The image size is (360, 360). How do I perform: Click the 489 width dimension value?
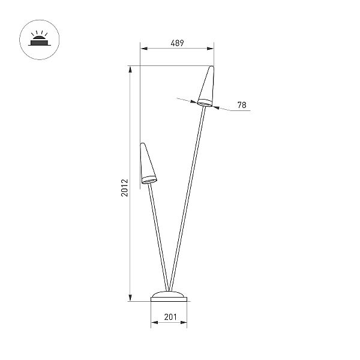tap(177, 43)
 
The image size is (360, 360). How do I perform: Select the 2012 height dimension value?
tap(125, 188)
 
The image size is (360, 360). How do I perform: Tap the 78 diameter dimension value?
tap(242, 105)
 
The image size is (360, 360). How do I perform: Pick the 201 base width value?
tap(170, 317)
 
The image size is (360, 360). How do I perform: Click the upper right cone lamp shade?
tap(206, 86)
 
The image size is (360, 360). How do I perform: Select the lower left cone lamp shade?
tap(148, 163)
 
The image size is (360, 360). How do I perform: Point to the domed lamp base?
tap(169, 296)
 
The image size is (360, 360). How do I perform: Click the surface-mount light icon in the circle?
tap(39, 40)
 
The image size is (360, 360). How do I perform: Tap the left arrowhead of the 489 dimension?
tap(144, 49)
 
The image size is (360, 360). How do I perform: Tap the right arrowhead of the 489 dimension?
tap(211, 49)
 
